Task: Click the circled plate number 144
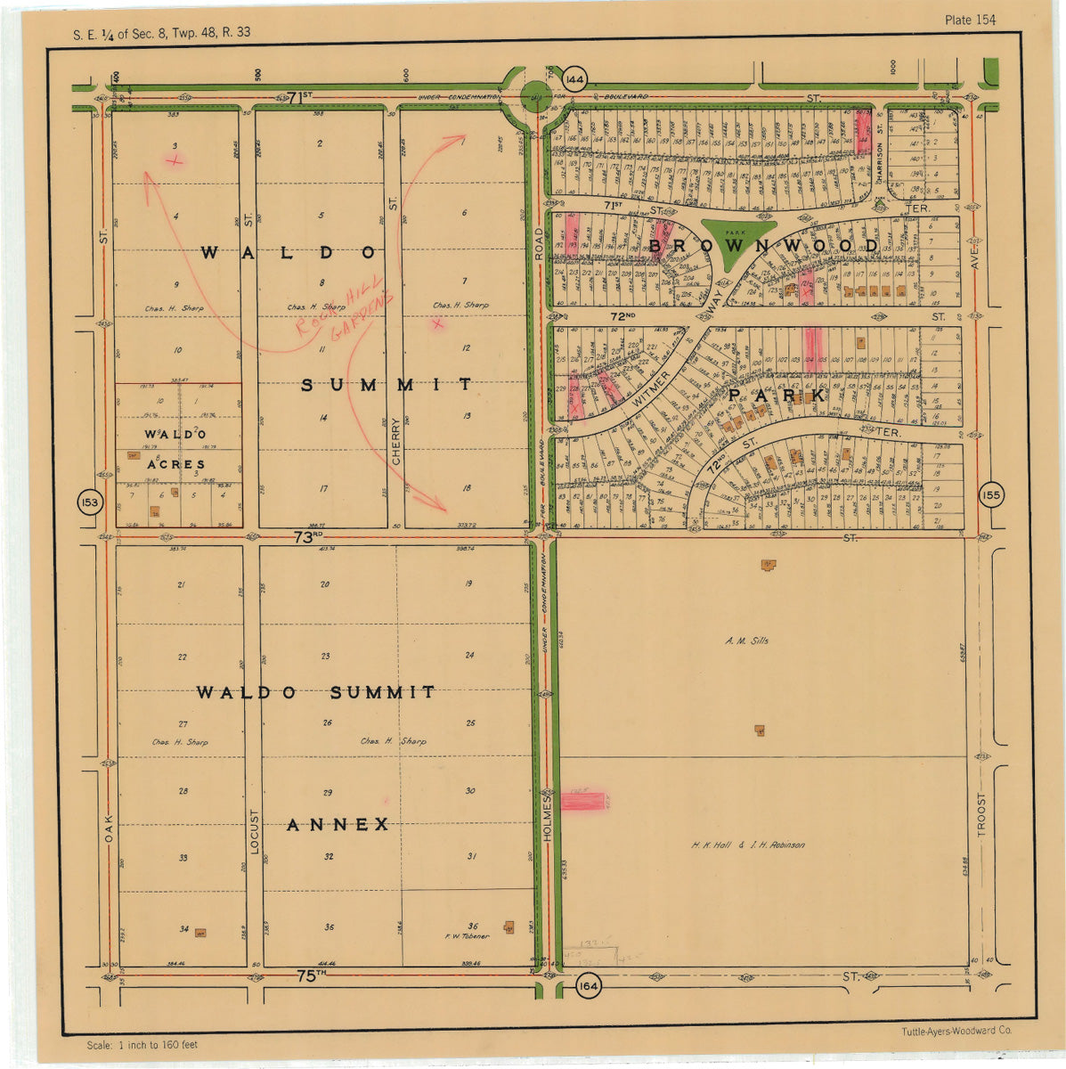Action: (x=575, y=79)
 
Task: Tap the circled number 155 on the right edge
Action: (x=990, y=495)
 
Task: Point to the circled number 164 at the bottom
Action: (x=588, y=986)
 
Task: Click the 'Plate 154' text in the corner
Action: (x=970, y=20)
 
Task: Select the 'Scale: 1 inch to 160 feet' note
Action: (x=142, y=1045)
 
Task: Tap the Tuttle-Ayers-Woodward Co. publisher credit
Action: (x=956, y=1031)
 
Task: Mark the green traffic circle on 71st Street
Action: (x=536, y=96)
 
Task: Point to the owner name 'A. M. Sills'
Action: (x=746, y=641)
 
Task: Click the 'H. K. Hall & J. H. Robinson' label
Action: (x=748, y=845)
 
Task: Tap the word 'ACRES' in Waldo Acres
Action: (x=176, y=464)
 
